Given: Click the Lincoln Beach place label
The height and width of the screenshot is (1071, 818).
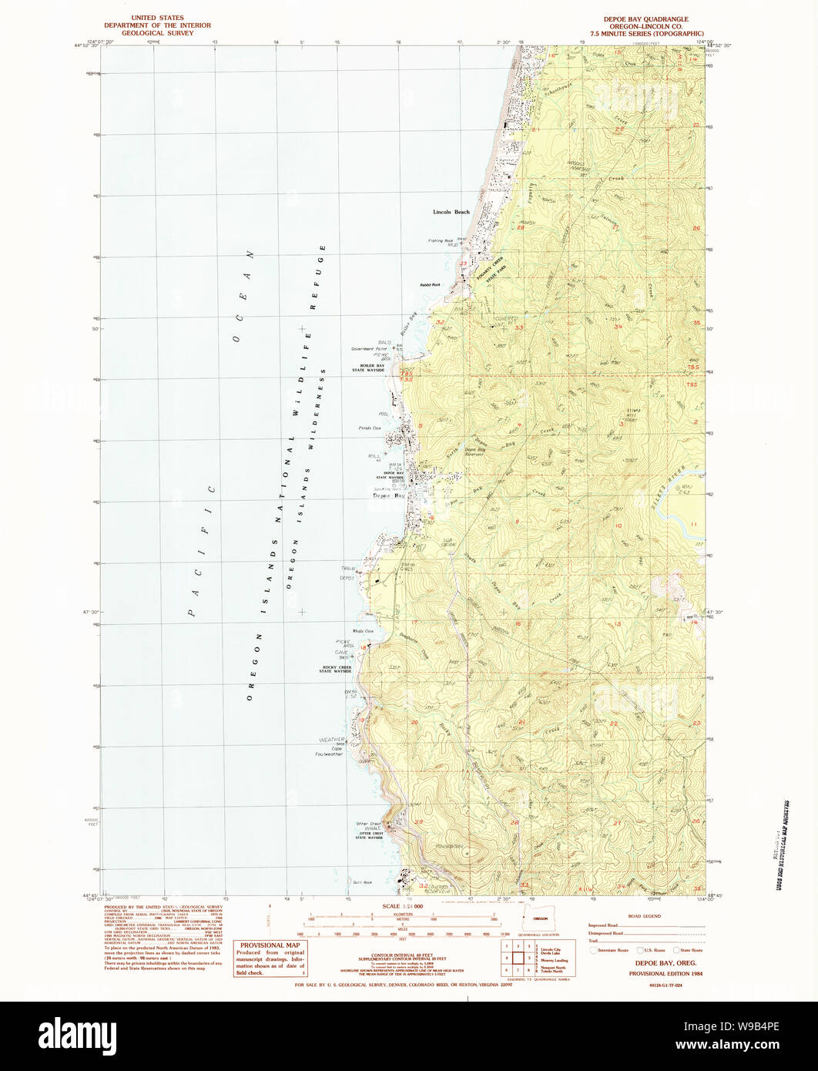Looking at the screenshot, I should point(451,212).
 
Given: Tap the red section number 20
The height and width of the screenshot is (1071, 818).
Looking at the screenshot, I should point(414,722).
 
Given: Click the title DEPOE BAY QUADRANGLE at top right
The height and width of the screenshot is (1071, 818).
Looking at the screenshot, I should point(645,18).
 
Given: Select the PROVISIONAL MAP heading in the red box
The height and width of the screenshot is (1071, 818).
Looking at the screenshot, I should point(270,945).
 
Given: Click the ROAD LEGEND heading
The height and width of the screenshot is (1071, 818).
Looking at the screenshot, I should point(645,916).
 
